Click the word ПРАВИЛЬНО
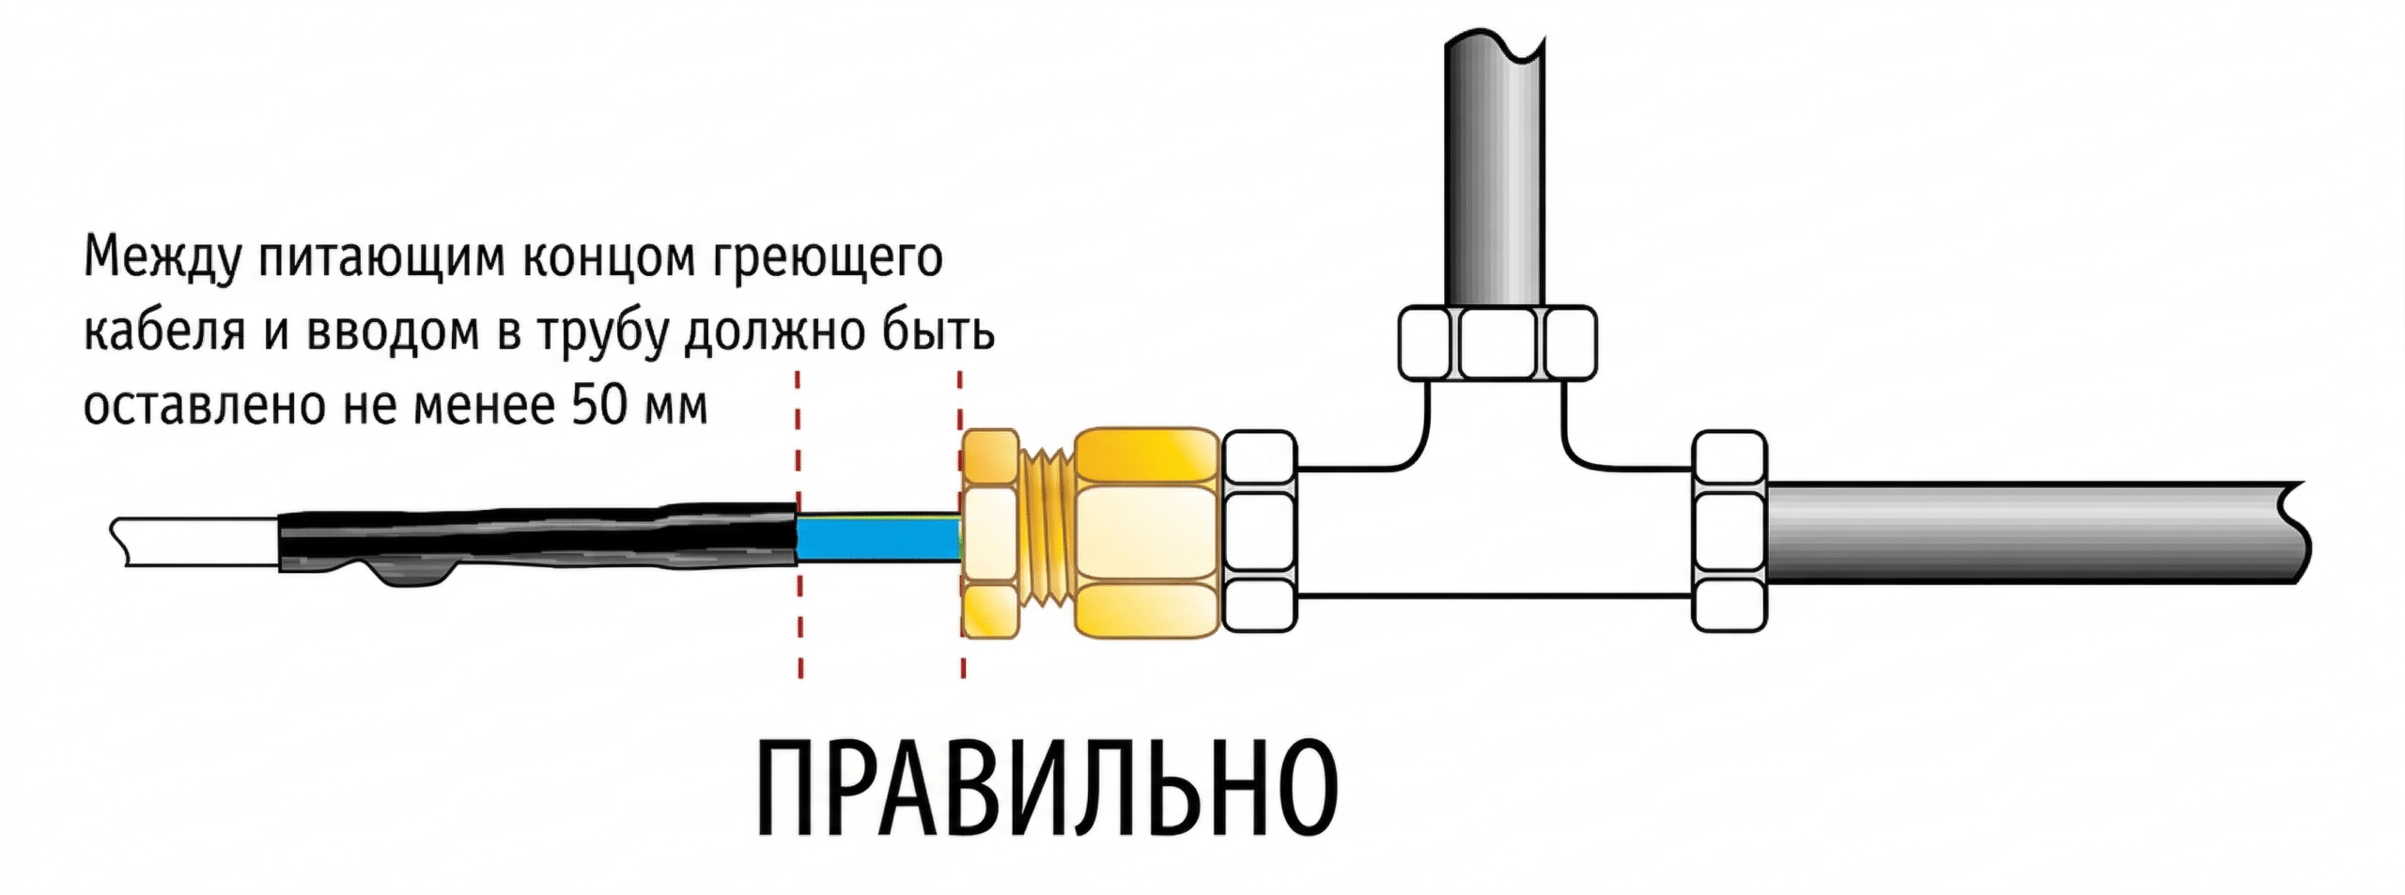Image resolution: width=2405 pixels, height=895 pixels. [1047, 790]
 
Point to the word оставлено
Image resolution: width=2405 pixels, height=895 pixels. [202, 407]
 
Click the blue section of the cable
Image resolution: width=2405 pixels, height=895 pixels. [877, 539]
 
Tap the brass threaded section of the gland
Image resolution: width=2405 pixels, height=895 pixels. [1047, 535]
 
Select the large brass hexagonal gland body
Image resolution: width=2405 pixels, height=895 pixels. [1146, 531]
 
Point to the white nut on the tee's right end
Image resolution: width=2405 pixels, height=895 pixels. [1729, 531]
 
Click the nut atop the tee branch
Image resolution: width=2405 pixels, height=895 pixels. [1497, 343]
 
